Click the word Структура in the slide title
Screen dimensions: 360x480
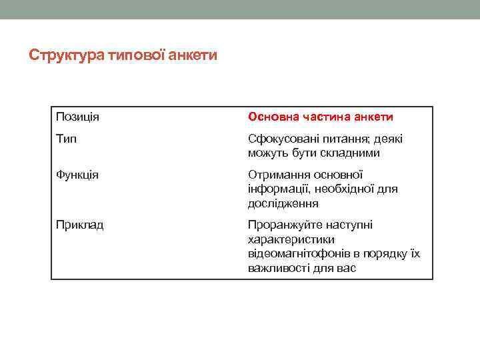pyautogui.click(x=65, y=55)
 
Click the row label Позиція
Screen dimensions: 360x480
pyautogui.click(x=77, y=117)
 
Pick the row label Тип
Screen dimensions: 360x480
pyautogui.click(x=66, y=139)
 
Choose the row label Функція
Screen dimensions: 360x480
pyautogui.click(x=77, y=175)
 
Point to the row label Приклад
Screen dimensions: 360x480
pyautogui.click(x=79, y=225)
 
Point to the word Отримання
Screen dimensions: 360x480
pyautogui.click(x=275, y=175)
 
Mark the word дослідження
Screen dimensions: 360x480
pyautogui.click(x=283, y=203)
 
